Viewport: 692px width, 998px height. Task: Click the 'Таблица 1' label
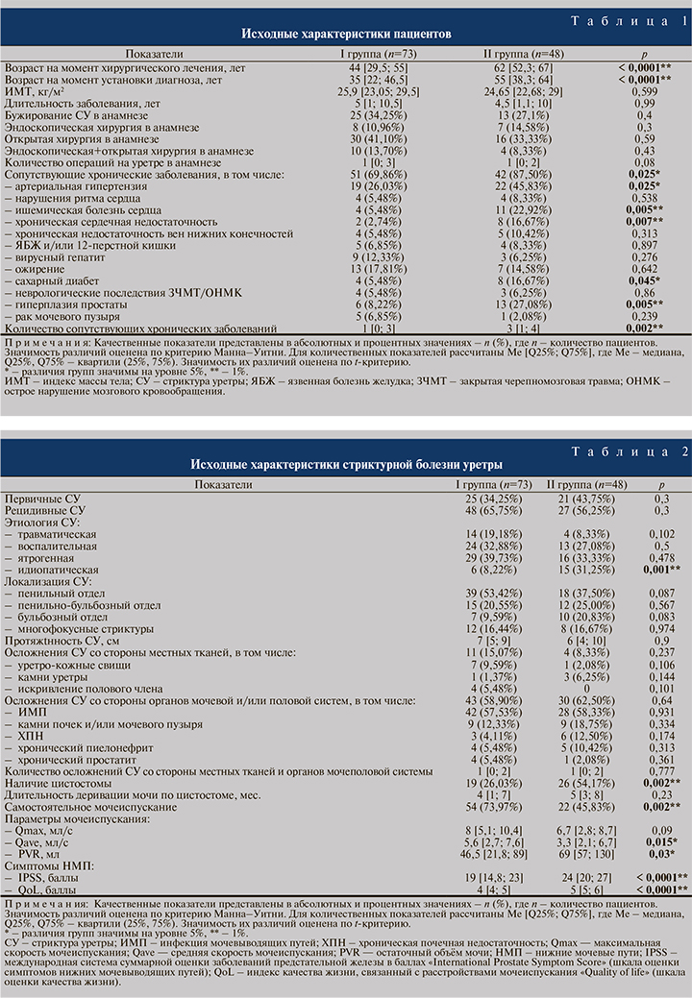click(630, 20)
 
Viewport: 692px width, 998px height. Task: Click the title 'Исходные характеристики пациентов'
click(345, 33)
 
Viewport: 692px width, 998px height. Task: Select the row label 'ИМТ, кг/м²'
click(36, 90)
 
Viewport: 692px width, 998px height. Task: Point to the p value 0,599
click(644, 90)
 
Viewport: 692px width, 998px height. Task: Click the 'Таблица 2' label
click(630, 451)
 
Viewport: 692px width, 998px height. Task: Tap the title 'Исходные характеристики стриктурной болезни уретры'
click(345, 464)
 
